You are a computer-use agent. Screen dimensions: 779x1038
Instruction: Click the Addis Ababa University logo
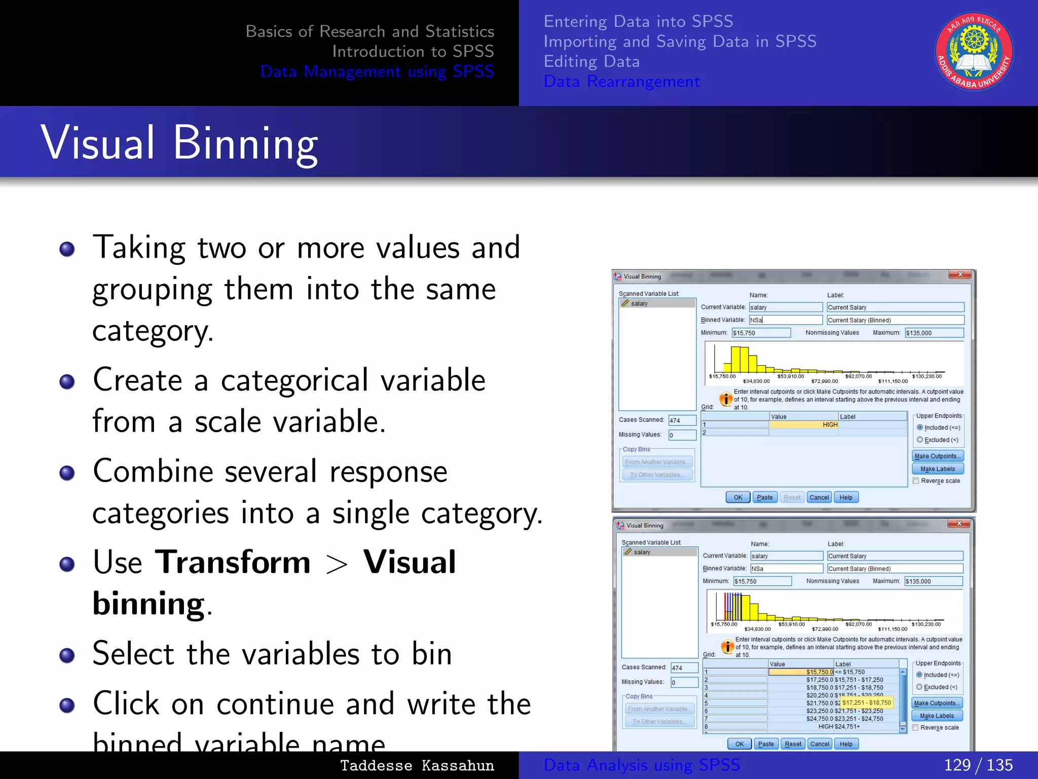coord(974,51)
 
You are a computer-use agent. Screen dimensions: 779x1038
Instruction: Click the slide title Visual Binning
coord(179,143)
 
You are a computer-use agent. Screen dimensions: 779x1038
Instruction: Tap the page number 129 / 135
coord(978,765)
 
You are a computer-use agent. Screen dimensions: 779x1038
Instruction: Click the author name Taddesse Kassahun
coord(417,765)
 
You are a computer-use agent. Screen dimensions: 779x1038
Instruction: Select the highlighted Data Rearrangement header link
coord(621,81)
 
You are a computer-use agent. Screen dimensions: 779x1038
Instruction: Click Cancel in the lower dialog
coord(819,744)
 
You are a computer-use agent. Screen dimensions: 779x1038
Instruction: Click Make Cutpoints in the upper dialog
coord(937,456)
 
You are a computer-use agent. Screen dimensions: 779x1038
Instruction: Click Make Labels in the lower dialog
coord(937,716)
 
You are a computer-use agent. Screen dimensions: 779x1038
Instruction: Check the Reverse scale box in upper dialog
coord(916,481)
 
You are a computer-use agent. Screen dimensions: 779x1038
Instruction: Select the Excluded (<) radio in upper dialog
coord(920,440)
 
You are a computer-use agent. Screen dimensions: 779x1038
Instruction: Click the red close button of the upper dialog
coord(960,274)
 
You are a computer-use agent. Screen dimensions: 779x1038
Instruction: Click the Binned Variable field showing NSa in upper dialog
coord(785,320)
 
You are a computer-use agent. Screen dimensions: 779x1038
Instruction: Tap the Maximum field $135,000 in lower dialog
coord(933,581)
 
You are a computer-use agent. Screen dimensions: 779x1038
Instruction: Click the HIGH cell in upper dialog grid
coord(803,424)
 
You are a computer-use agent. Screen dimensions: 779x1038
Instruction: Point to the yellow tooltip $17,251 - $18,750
coord(866,702)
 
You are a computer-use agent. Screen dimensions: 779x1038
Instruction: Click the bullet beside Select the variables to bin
coord(67,655)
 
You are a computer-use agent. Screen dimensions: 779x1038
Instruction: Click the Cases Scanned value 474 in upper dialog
coord(682,420)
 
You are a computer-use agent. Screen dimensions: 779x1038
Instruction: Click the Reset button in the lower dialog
coord(793,744)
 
